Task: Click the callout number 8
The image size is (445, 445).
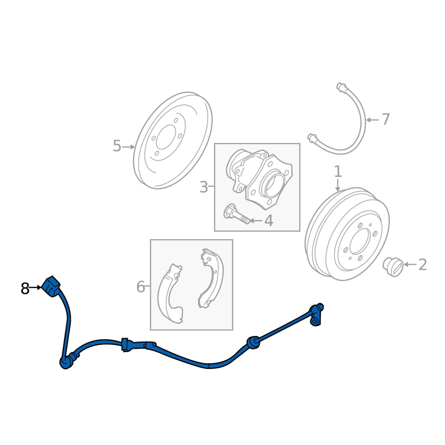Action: [25, 289]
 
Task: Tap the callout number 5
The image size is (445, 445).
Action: [117, 146]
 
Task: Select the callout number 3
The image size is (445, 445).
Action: [204, 187]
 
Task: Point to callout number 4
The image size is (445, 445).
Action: [269, 221]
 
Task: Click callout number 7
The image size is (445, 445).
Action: [385, 119]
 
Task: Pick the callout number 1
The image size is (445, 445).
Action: [338, 171]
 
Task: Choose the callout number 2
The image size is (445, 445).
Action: [422, 265]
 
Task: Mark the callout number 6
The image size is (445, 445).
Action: [140, 287]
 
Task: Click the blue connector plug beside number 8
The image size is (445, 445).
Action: [52, 285]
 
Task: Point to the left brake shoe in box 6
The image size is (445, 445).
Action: [170, 295]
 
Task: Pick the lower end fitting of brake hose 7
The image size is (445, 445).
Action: [313, 137]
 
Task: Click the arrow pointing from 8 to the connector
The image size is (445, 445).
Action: [37, 288]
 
